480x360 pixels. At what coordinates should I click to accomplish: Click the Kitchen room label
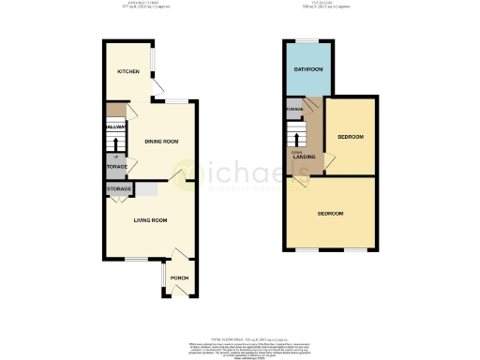click(127, 71)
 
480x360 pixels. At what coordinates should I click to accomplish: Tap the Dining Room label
click(161, 142)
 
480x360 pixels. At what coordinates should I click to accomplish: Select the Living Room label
click(150, 220)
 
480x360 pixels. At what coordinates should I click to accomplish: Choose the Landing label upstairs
click(305, 157)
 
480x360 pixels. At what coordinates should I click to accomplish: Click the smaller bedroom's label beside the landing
click(350, 137)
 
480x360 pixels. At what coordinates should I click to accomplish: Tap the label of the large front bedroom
click(330, 213)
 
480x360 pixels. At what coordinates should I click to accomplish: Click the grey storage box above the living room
click(118, 189)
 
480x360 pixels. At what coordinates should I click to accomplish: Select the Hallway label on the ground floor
click(116, 126)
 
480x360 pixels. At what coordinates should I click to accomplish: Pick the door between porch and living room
click(175, 255)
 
